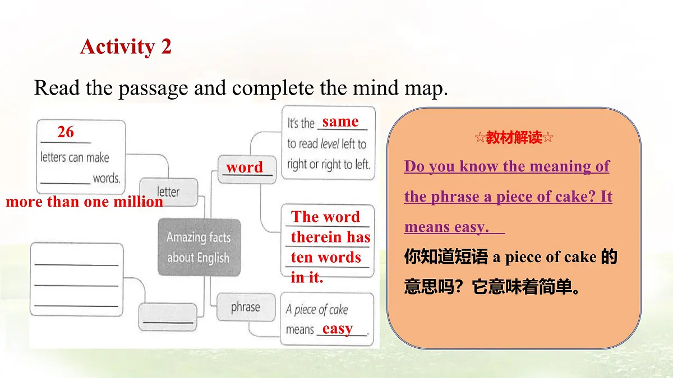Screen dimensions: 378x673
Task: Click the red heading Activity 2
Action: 126,46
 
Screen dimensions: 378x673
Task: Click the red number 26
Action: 65,132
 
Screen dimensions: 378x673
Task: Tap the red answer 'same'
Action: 340,122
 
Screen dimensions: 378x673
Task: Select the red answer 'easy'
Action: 338,329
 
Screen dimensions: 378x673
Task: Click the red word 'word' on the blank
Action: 245,167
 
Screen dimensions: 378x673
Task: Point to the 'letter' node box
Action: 168,192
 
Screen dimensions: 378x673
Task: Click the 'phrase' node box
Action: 245,307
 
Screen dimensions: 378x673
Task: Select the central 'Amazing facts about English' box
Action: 199,248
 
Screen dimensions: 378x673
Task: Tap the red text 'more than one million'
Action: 84,202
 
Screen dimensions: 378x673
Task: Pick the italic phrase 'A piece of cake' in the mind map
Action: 317,310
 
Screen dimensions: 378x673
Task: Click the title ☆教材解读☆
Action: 514,138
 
